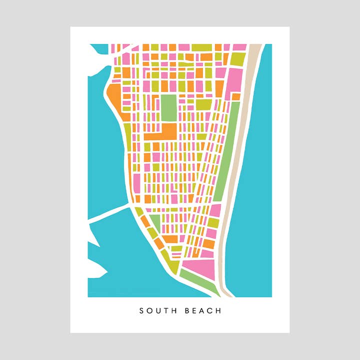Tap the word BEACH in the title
[202, 311]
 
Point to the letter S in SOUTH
[142, 311]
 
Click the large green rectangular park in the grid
[168, 107]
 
